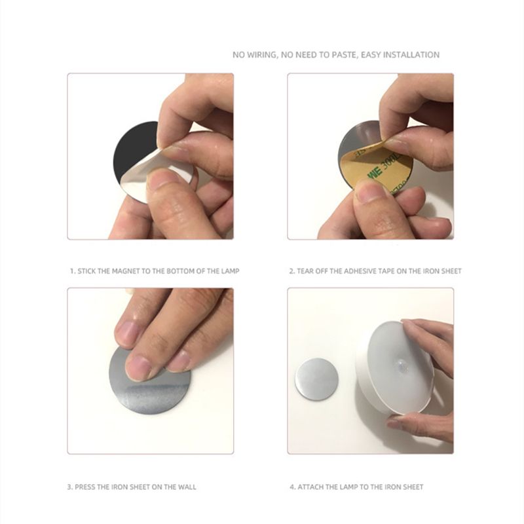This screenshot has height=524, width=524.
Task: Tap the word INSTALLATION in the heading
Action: tap(411, 55)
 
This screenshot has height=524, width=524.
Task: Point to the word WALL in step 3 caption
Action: tap(187, 487)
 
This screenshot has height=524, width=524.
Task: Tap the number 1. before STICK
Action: tap(73, 271)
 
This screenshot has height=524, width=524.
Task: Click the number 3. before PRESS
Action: tap(70, 487)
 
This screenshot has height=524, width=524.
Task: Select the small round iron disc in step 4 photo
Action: tap(316, 379)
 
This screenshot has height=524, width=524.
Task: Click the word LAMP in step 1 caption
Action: tap(231, 271)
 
